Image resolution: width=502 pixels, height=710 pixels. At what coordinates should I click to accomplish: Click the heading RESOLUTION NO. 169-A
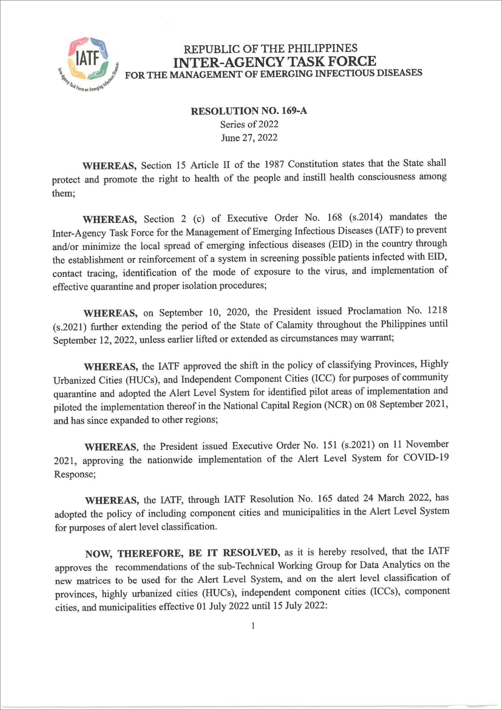click(249, 111)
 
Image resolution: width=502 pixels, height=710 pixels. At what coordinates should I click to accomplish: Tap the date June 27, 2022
click(249, 138)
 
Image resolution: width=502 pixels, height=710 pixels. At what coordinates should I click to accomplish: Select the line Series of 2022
click(249, 124)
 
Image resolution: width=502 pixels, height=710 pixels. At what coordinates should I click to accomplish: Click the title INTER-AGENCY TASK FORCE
click(274, 62)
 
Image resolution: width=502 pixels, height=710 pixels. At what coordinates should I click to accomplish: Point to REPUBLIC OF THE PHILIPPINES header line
click(270, 49)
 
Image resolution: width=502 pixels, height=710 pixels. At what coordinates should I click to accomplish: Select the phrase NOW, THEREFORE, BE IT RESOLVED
click(182, 553)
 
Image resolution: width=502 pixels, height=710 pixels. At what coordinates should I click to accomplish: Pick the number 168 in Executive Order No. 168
click(335, 217)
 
